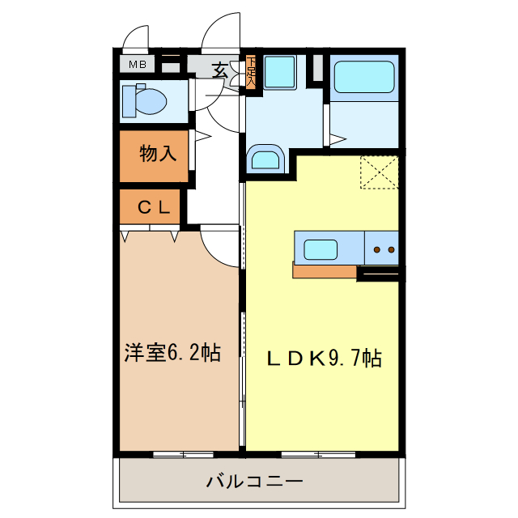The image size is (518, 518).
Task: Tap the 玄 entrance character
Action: click(220, 70)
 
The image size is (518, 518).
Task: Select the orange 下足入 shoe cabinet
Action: click(251, 72)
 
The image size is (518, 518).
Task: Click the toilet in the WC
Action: click(144, 101)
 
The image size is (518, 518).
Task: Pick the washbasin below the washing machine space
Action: click(264, 158)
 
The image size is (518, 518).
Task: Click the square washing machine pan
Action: click(279, 71)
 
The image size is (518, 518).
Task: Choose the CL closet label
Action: click(154, 207)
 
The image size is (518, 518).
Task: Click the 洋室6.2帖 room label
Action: click(172, 353)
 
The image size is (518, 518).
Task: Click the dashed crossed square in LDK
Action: click(379, 172)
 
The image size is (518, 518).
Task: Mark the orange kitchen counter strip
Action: click(324, 270)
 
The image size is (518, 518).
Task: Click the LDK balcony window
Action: click(320, 453)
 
